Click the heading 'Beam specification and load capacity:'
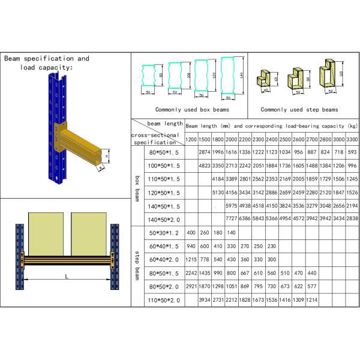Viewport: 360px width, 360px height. [x=46, y=63]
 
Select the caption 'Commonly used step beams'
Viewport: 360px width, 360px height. [x=299, y=110]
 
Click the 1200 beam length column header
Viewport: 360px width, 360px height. [x=191, y=139]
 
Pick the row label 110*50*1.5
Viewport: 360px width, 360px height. [x=164, y=179]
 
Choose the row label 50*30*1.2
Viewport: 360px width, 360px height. [x=164, y=232]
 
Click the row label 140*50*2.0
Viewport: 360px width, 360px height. [x=164, y=218]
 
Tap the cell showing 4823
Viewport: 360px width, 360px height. [x=205, y=166]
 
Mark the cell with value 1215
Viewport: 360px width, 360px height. [x=191, y=259]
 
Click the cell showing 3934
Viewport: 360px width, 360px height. [x=205, y=299]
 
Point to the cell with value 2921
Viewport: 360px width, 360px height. [x=191, y=286]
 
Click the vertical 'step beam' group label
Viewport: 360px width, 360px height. [x=137, y=265]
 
